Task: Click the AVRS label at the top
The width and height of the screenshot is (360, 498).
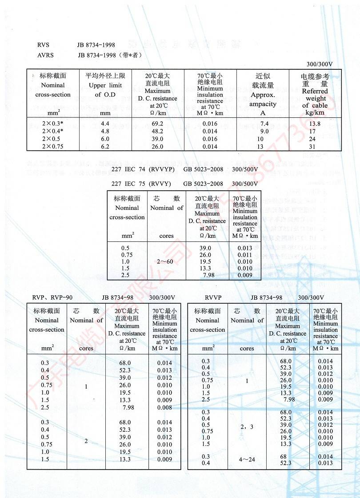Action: (x=44, y=55)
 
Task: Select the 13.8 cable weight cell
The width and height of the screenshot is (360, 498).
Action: (x=315, y=123)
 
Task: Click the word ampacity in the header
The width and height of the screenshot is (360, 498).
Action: (x=263, y=104)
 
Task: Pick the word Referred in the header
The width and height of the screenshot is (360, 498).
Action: (x=315, y=91)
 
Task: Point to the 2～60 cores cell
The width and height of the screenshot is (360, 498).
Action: (x=167, y=262)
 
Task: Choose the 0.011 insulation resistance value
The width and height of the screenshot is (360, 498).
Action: (x=245, y=255)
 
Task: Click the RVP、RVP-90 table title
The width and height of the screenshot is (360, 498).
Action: (x=52, y=297)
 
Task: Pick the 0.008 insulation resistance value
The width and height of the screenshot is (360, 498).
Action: (x=164, y=407)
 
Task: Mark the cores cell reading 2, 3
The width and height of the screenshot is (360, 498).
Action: (x=248, y=427)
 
